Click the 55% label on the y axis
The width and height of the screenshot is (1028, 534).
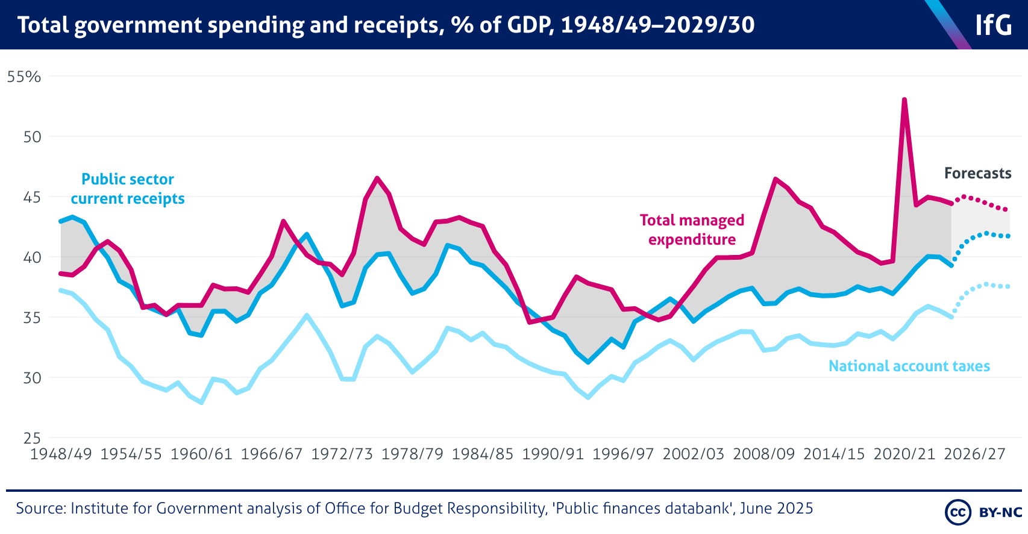pos(24,77)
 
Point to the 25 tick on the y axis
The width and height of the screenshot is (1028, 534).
pos(31,438)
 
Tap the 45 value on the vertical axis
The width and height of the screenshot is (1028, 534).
pos(31,197)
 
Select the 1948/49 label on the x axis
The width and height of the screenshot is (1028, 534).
pos(61,454)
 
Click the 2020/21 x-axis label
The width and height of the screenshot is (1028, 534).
pos(904,454)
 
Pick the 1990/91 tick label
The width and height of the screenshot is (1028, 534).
pos(553,454)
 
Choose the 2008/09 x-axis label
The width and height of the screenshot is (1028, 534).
pos(763,454)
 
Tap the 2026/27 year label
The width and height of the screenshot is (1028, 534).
pos(974,454)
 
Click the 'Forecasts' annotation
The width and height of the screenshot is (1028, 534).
pos(977,174)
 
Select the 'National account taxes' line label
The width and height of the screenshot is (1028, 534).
pos(909,366)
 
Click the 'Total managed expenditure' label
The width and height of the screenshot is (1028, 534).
pos(692,230)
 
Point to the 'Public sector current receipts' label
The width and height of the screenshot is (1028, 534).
pos(128,189)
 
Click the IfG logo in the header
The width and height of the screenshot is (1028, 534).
pos(993,25)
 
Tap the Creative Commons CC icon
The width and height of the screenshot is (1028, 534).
pos(957,512)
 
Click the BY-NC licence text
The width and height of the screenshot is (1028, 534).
pos(1000,512)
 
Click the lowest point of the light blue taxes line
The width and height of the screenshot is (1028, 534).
pos(201,403)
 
